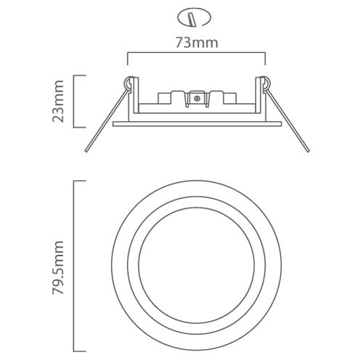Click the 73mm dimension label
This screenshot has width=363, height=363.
(x=197, y=43)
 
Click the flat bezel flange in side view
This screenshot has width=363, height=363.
(x=196, y=125)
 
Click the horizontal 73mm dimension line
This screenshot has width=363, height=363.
(x=196, y=53)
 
